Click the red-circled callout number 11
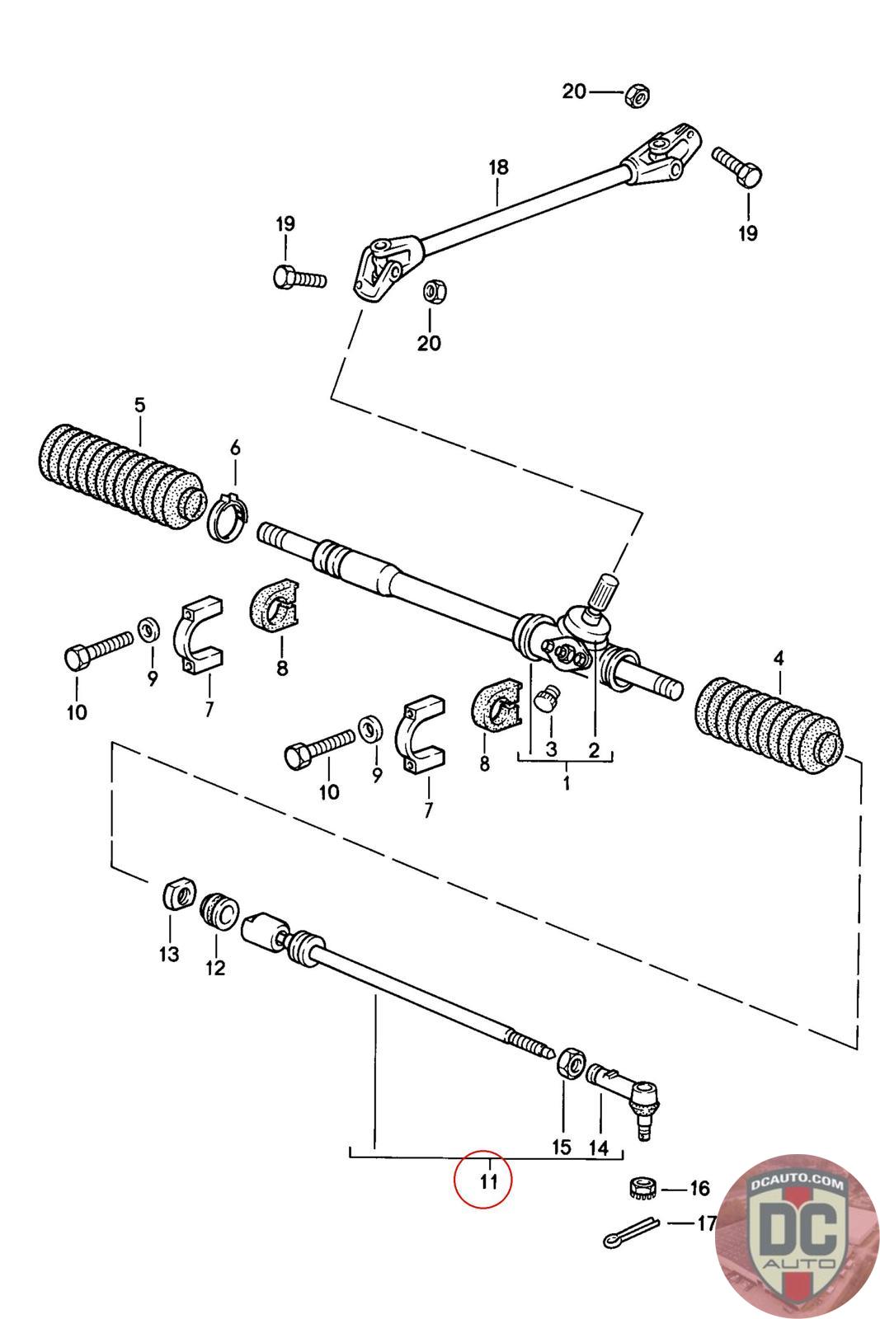pyautogui.click(x=489, y=1181)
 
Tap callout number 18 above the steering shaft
pyautogui.click(x=498, y=167)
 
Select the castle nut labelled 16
pyautogui.click(x=643, y=1187)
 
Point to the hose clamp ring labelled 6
pyautogui.click(x=228, y=516)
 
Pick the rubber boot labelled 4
pyautogui.click(x=769, y=725)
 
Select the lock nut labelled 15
pyautogui.click(x=571, y=1063)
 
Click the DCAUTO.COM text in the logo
pyautogui.click(x=797, y=1184)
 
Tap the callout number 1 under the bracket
pyautogui.click(x=566, y=784)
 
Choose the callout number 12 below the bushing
pyautogui.click(x=215, y=968)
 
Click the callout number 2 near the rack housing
pyautogui.click(x=594, y=749)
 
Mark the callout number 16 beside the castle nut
pyautogui.click(x=699, y=1188)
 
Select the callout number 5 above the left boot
pyautogui.click(x=139, y=405)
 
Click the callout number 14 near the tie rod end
pyautogui.click(x=599, y=1147)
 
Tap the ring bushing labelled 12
pyautogui.click(x=219, y=912)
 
